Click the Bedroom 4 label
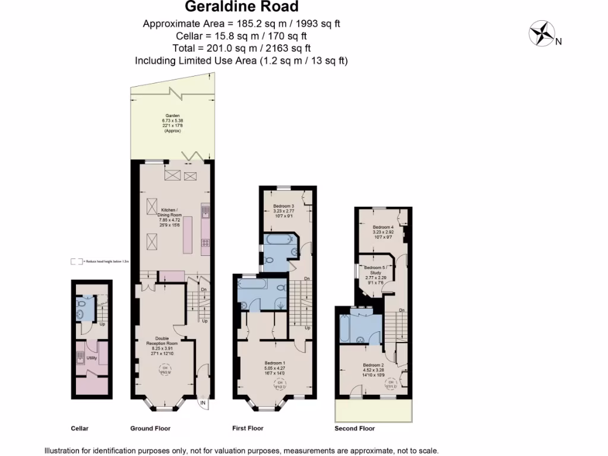click(383, 227)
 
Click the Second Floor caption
click(354, 428)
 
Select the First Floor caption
click(248, 427)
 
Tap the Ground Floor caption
click(150, 427)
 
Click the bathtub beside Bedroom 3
click(278, 240)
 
